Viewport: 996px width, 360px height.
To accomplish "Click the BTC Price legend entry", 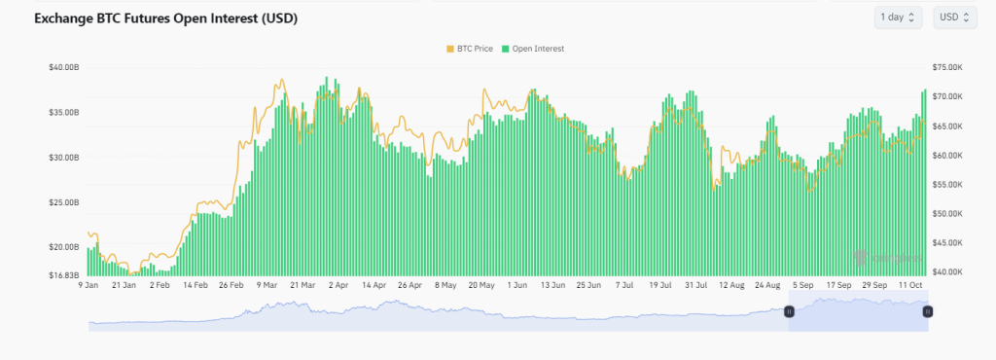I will [471, 48].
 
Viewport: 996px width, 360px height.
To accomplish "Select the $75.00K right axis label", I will [946, 67].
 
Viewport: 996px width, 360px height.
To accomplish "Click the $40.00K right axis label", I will [946, 271].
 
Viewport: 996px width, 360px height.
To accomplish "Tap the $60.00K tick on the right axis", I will [946, 156].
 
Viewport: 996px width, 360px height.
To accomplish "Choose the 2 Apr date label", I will [338, 286].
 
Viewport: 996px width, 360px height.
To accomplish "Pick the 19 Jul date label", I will [661, 286].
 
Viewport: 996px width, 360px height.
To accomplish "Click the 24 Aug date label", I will [768, 286].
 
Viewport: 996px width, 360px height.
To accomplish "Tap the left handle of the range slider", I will [789, 311].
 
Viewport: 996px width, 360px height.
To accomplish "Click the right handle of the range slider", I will [927, 311].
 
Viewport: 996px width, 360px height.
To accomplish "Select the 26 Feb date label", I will [231, 286].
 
